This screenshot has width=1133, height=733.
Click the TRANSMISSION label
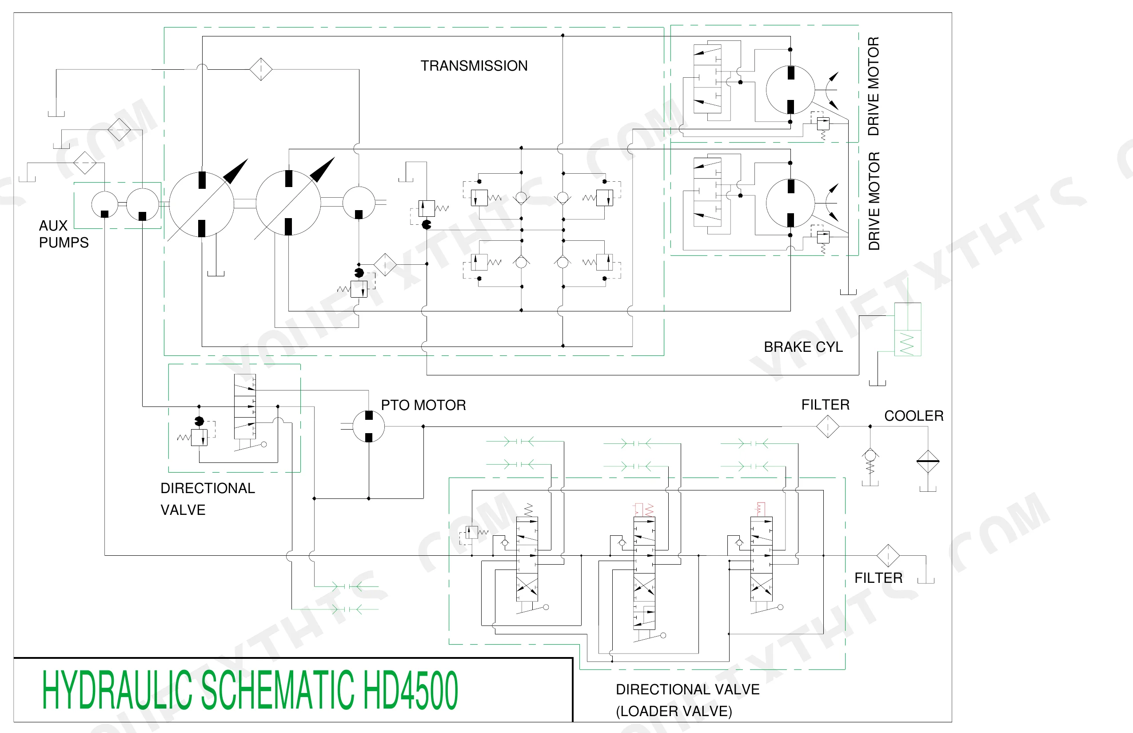(474, 66)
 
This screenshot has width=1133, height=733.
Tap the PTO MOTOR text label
(423, 405)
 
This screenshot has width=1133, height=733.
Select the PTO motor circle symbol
(368, 426)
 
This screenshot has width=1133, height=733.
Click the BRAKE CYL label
(803, 347)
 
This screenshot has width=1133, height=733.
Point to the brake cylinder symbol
(908, 329)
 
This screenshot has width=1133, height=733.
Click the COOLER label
(914, 416)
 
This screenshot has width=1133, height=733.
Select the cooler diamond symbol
(928, 461)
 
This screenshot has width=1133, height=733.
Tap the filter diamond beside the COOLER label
(827, 426)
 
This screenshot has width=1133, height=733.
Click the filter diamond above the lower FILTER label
(888, 555)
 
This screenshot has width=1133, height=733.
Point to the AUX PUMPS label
(64, 234)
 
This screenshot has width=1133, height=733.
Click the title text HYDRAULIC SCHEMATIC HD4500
(250, 689)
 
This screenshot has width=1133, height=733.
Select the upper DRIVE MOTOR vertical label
(874, 86)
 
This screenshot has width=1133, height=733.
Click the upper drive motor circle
(790, 89)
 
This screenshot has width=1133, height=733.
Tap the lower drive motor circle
(790, 203)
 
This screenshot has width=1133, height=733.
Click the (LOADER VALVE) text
(674, 711)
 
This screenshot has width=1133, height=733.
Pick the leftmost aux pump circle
(105, 205)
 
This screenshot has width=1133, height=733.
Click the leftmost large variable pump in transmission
(201, 204)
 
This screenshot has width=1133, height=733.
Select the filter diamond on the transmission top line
(261, 69)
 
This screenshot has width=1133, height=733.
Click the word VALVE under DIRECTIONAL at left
(183, 510)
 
